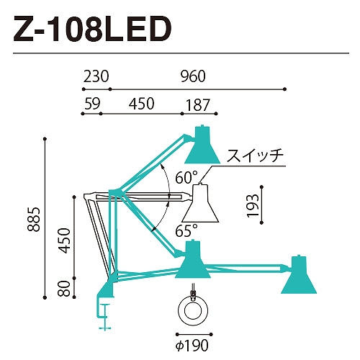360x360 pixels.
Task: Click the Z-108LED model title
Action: (93, 29)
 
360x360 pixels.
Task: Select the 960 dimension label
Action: (193, 76)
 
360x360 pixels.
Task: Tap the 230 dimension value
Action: (96, 76)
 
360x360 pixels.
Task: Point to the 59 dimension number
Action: (92, 104)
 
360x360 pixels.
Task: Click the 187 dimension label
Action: (198, 105)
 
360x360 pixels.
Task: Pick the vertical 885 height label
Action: (33, 219)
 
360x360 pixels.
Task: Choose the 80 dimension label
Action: (64, 289)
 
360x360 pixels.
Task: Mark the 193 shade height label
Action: (253, 205)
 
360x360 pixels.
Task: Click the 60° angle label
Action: (186, 177)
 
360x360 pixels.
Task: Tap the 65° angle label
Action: (186, 230)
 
